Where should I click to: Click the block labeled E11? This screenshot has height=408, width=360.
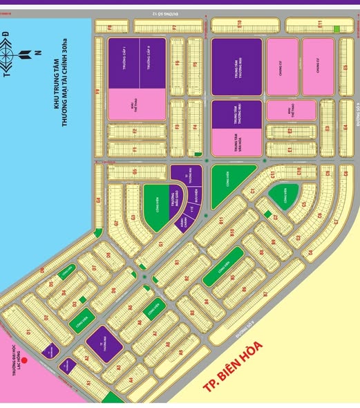click(x=319, y=25)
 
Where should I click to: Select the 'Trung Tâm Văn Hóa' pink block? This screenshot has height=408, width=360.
click(x=236, y=141)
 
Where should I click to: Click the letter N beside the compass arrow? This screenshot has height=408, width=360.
click(x=38, y=54)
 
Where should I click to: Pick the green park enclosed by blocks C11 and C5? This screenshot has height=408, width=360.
click(x=283, y=196)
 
